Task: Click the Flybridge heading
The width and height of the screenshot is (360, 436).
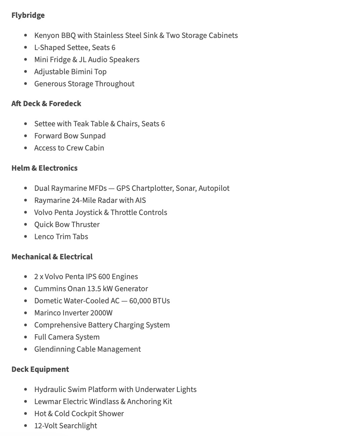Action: point(28,15)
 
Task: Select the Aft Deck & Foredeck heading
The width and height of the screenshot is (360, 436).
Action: point(46,104)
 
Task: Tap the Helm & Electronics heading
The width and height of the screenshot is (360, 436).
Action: point(44,168)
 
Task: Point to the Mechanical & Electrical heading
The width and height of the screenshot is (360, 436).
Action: point(52,257)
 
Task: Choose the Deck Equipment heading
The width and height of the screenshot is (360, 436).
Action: point(40,369)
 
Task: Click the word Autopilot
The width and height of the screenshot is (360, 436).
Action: point(214,188)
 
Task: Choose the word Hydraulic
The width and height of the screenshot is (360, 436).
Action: point(50,390)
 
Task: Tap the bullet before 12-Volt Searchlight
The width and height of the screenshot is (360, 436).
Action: point(26,426)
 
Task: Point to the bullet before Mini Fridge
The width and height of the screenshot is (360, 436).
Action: point(26,60)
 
